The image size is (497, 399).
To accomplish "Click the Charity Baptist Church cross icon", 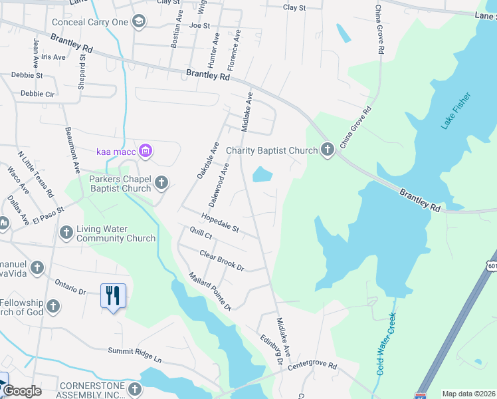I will coord(327,150).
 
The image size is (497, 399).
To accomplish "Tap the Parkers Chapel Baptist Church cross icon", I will coord(161,182).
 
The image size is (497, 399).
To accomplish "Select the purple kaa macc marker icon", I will coord(146,152).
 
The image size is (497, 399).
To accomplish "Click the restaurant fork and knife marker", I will coord(112,295).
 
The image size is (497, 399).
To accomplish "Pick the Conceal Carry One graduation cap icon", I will coord(138,21).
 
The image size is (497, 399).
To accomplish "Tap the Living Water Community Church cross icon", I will coord(66,232).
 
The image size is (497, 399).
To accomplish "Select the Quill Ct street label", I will coord(200,235).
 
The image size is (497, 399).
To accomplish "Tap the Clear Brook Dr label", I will coord(222,260).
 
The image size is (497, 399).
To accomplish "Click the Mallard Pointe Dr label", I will coord(209,291).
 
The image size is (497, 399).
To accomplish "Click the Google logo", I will coord(23,391).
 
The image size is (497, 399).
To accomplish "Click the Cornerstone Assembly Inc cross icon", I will coord(134,389).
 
